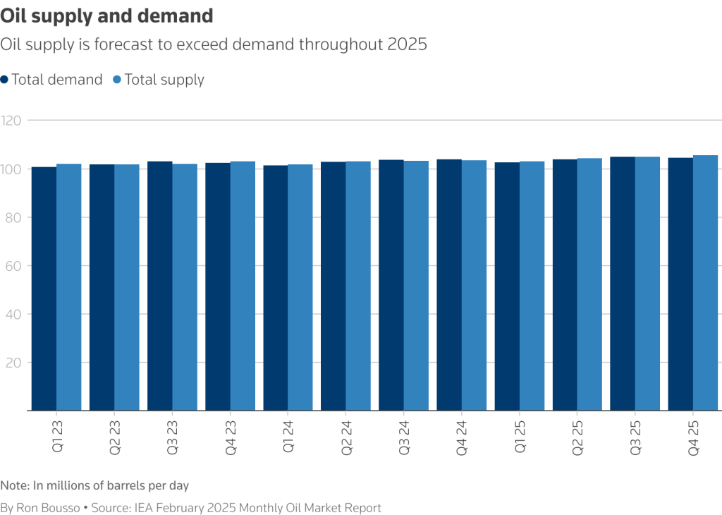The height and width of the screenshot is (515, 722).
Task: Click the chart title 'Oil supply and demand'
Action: click(106, 16)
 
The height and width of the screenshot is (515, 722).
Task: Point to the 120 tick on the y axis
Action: click(13, 121)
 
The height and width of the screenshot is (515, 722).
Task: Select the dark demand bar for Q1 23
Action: click(44, 289)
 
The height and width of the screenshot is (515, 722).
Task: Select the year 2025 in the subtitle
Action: click(408, 44)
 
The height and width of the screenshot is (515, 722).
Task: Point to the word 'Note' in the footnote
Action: click(13, 485)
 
